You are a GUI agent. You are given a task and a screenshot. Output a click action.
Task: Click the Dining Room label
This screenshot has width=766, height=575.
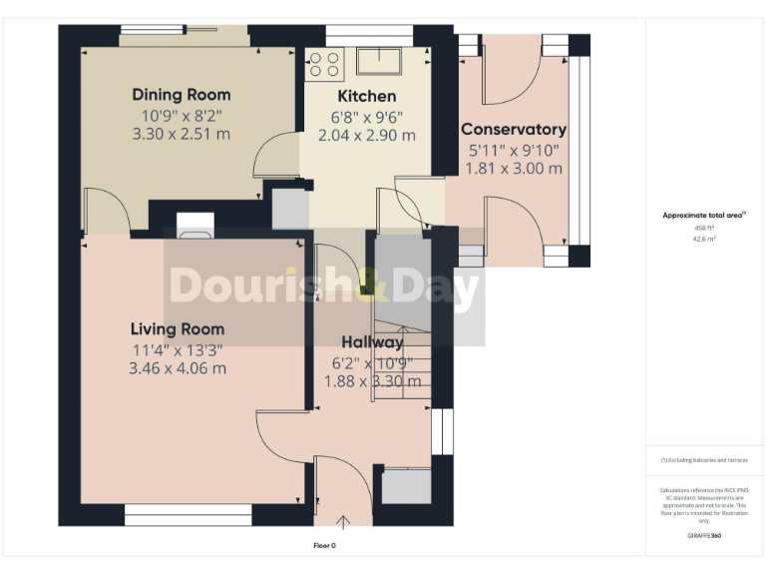click(182, 95)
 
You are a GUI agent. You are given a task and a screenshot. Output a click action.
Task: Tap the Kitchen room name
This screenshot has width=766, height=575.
click(366, 97)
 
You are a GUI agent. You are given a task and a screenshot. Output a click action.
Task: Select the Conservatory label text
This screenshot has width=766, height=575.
click(513, 130)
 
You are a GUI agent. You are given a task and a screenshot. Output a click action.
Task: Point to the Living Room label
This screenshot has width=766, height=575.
click(178, 329)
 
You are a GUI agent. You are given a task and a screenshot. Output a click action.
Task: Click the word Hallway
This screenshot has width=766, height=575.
click(372, 343)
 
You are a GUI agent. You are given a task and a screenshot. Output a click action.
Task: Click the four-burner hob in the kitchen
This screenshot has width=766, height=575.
click(324, 63)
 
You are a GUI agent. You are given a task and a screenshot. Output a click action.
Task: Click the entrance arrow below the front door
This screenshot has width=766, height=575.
click(344, 520)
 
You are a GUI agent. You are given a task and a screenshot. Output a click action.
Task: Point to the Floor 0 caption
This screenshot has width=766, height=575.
click(324, 546)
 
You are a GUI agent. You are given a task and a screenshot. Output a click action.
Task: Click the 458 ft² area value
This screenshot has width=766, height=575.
click(705, 228)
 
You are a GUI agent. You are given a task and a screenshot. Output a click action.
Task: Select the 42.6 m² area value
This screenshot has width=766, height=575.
click(705, 240)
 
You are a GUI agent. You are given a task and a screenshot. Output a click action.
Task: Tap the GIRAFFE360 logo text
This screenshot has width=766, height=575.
click(704, 536)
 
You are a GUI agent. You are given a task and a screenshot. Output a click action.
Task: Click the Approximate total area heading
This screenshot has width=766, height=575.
click(704, 215)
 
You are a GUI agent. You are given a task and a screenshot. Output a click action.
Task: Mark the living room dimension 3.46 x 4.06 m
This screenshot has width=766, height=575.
click(178, 367)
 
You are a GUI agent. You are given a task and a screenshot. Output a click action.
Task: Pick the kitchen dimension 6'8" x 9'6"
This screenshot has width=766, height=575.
click(366, 117)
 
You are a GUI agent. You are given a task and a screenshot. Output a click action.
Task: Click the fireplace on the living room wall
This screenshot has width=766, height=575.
click(191, 227)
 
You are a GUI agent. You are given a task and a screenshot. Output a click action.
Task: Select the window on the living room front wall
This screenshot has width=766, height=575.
click(189, 515)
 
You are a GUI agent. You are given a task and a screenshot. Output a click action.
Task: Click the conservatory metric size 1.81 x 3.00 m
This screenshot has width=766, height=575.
click(513, 168)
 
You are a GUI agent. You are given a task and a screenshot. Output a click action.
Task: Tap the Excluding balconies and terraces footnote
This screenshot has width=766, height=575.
click(704, 460)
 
